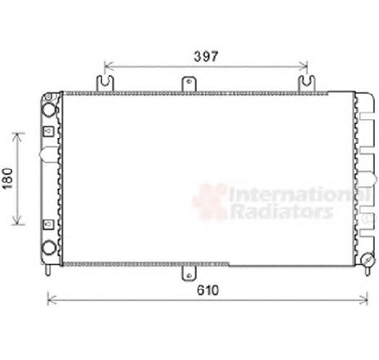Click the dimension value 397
click(x=206, y=56)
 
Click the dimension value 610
click(x=207, y=291)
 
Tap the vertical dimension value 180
click(x=7, y=178)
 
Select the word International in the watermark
click(x=299, y=194)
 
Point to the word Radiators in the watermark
click(x=282, y=211)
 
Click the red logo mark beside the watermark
click(x=210, y=202)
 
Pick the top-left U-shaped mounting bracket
click(x=105, y=84)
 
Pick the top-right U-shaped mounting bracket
click(x=306, y=84)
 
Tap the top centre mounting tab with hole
click(x=189, y=84)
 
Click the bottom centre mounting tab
click(x=189, y=273)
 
